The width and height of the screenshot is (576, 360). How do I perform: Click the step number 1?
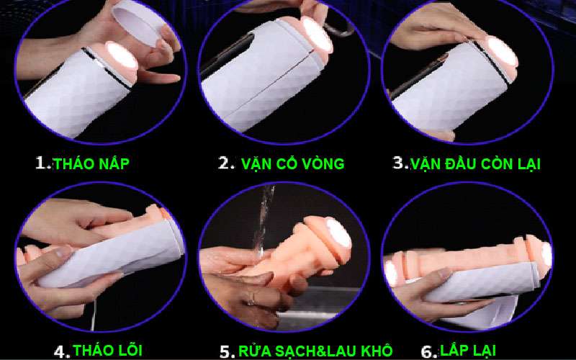[x=42, y=163]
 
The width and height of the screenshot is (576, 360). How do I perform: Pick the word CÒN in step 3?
[x=496, y=163]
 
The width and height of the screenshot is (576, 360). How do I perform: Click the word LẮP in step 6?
[x=454, y=350]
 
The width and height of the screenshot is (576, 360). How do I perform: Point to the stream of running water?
[x=264, y=220]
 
